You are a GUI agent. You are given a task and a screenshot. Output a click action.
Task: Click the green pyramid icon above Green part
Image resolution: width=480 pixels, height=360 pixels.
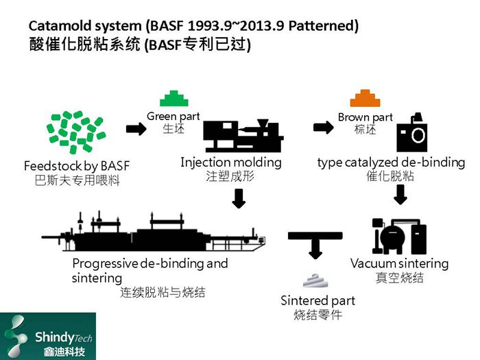point(174,98)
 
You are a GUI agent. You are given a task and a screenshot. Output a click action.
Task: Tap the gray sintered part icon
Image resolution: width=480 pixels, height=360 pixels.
point(317,281)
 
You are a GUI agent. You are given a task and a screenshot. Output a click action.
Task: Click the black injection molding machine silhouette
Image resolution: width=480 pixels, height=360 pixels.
point(244,137)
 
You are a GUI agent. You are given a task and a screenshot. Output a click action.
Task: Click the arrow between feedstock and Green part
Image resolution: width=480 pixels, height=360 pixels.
point(136,130)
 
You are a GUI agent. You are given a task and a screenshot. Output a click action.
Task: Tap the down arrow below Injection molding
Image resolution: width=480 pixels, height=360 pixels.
point(239,198)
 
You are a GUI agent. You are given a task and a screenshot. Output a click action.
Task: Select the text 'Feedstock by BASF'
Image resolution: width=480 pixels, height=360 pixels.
point(76,166)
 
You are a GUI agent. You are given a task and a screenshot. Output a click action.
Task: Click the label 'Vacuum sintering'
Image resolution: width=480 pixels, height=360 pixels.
point(399,263)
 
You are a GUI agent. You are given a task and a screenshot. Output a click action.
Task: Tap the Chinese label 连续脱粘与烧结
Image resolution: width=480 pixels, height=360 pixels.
point(163,293)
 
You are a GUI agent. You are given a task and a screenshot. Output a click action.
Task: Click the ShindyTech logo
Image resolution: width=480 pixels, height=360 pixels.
point(48,336)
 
